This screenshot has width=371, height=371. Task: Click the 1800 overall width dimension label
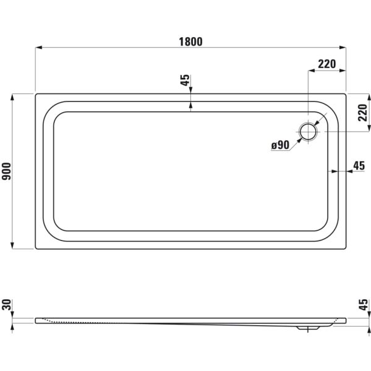pos(190,41)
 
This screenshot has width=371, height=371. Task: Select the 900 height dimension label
pos(7,171)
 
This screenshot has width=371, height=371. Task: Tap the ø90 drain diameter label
pos(280,145)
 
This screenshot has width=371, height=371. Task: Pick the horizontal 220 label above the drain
pos(326,64)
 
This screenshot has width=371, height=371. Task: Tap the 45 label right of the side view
pos(364,304)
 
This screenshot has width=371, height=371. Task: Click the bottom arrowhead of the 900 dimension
pos(14,245)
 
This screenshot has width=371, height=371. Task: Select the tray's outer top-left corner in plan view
pos(36,94)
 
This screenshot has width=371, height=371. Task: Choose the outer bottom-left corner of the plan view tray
pos(36,249)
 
